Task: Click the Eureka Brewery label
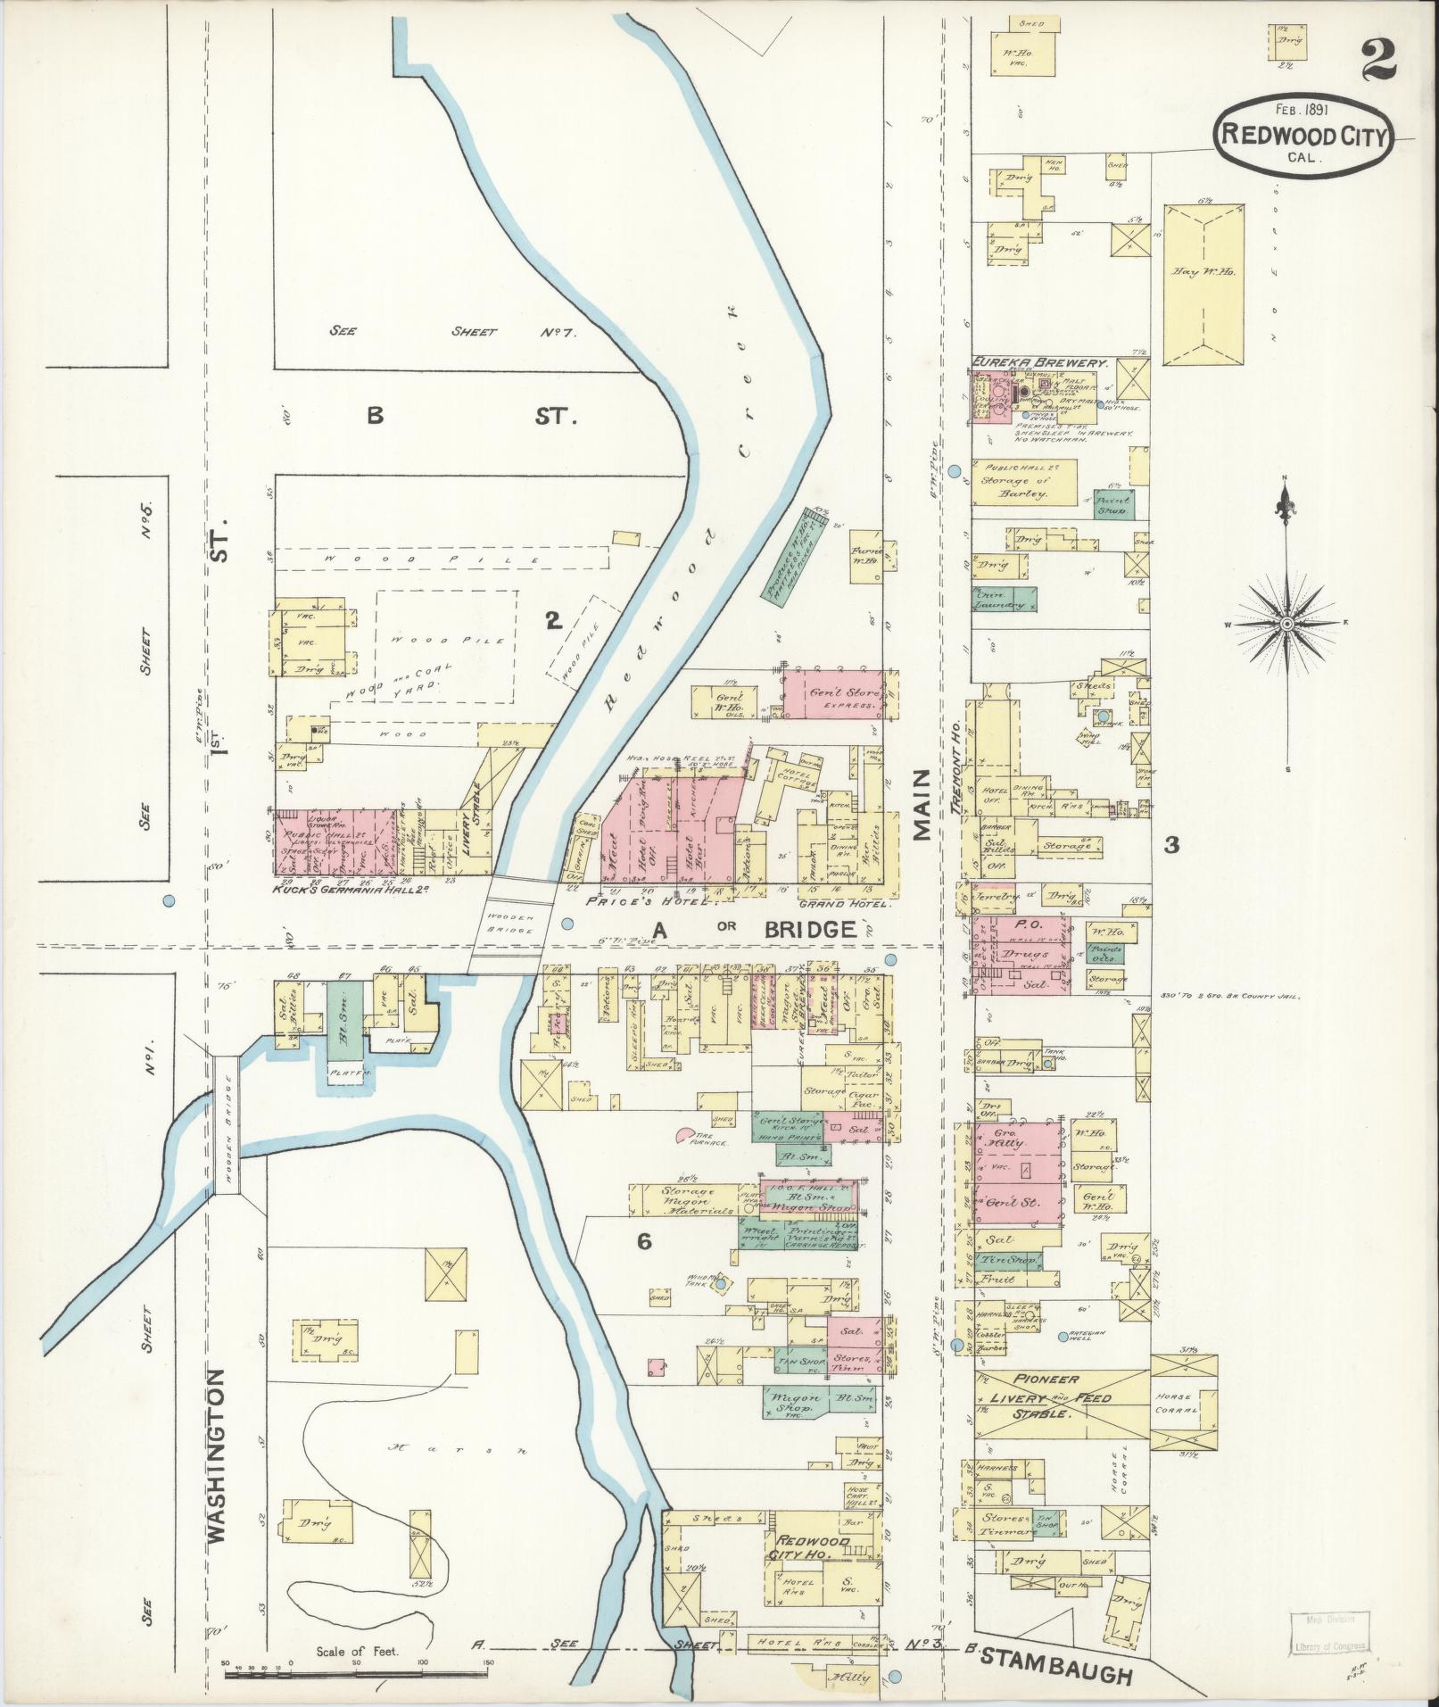1039,364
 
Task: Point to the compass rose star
1286,625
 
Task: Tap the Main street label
922,805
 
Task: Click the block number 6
645,1241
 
